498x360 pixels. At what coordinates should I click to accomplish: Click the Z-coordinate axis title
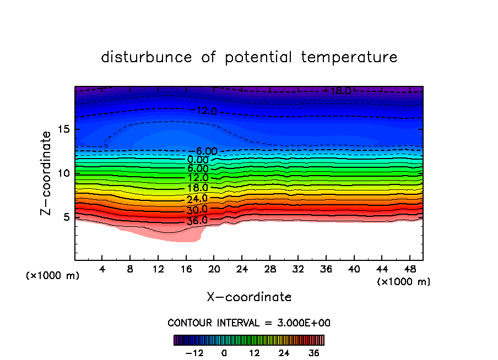[x=46, y=173]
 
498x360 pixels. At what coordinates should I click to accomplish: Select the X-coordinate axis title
[x=249, y=297]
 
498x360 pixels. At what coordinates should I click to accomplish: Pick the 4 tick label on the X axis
[x=102, y=269]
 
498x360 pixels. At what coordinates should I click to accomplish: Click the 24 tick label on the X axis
[x=242, y=269]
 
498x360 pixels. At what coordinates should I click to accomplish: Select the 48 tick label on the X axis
[x=409, y=269]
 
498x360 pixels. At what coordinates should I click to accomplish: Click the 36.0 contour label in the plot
[x=197, y=220]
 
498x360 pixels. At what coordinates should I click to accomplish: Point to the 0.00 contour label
[x=198, y=160]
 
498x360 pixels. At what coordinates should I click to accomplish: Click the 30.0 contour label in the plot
[x=197, y=210]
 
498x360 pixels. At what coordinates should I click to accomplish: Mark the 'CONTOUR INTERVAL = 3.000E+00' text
[x=249, y=323]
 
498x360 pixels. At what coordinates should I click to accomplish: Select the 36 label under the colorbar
[x=314, y=353]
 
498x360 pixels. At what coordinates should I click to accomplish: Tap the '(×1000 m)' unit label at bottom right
[x=404, y=282]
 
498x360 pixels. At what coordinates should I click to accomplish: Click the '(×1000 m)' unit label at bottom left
[x=53, y=276]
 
